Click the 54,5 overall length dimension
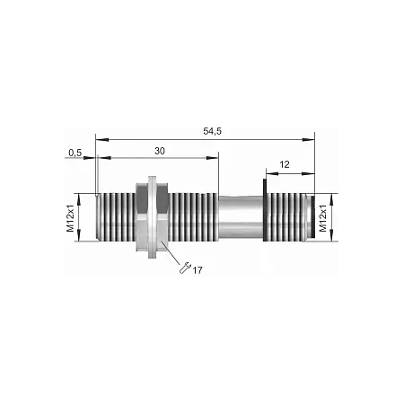point(212,131)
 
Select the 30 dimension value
point(160,151)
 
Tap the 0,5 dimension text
point(75,153)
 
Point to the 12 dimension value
point(285,164)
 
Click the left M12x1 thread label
point(71,218)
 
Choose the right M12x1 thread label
point(323,218)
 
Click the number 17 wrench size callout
point(198,270)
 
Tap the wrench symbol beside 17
point(185,268)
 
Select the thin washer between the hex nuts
point(153,217)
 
